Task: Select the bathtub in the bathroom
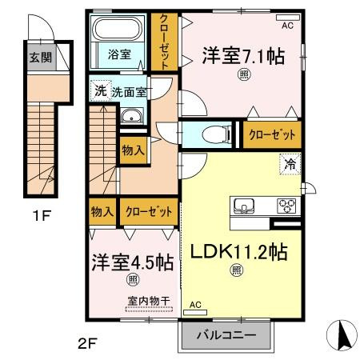[120, 31]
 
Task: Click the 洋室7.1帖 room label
[242, 57]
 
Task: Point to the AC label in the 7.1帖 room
[287, 26]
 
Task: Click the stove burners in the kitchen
[286, 206]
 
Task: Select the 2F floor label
[88, 344]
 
